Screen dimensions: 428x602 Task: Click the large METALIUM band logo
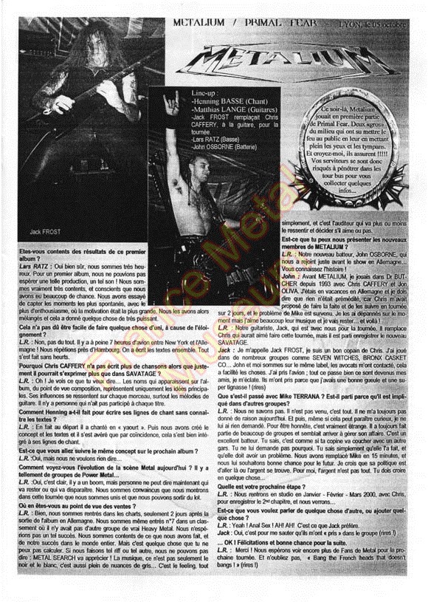click(306, 63)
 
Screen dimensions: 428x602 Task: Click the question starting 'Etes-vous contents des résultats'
click(81, 252)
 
